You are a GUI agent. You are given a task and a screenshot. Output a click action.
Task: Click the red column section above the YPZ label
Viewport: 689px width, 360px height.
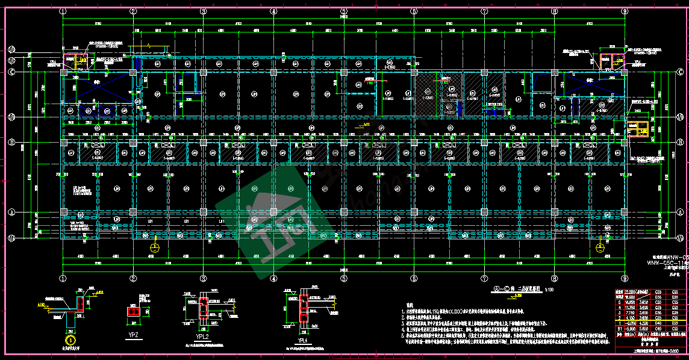coord(133,311)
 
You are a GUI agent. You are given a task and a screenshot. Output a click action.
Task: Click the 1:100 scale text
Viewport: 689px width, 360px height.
coord(549,290)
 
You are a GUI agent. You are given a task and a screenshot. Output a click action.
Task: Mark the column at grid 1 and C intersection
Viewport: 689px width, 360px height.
coord(63,72)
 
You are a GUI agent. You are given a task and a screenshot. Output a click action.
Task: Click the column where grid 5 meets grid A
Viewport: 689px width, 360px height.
coord(344,212)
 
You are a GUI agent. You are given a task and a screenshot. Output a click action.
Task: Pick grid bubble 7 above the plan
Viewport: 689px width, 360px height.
coord(484,11)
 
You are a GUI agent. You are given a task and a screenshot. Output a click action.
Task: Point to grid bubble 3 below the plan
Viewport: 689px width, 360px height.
coord(203,278)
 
